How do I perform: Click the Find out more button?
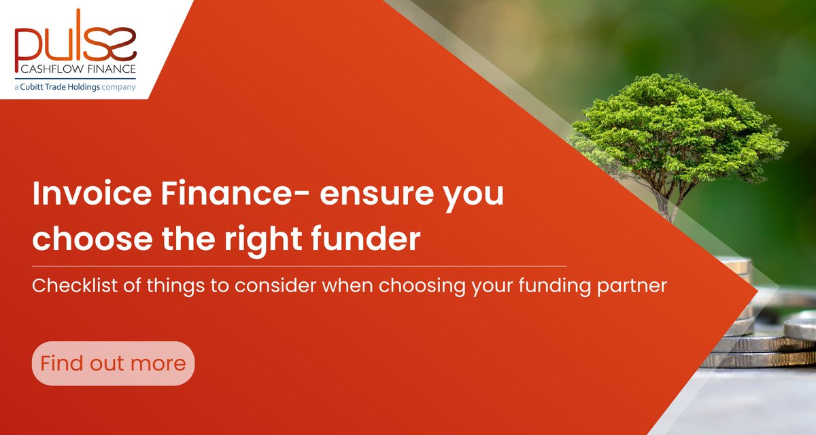coord(113,363)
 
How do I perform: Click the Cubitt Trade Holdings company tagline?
coord(76,86)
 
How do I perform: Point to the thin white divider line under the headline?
coord(299,266)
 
